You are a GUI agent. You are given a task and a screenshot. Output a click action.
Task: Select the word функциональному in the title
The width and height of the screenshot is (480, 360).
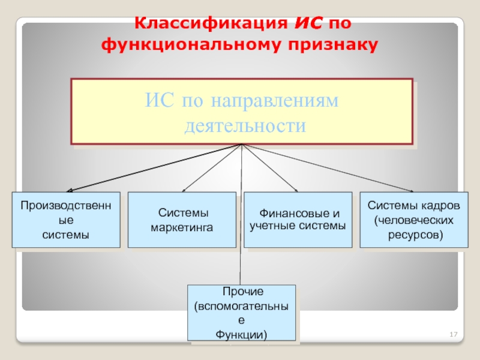[x=193, y=44]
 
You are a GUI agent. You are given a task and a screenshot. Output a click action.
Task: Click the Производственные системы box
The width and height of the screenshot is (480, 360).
[x=66, y=220]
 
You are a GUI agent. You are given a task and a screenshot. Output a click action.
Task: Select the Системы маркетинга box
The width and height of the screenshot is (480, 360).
[x=182, y=220]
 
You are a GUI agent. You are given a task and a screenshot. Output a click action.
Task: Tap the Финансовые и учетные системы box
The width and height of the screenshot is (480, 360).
[x=298, y=220]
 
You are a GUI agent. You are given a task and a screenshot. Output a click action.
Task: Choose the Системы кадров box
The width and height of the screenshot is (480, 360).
[x=413, y=220]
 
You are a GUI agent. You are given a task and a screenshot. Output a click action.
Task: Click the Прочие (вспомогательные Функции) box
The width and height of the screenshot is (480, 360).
[x=242, y=313]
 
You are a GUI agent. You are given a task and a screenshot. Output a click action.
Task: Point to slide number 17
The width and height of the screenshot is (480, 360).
[x=454, y=334]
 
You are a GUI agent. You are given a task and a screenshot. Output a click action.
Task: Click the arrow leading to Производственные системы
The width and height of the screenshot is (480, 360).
[x=150, y=169]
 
